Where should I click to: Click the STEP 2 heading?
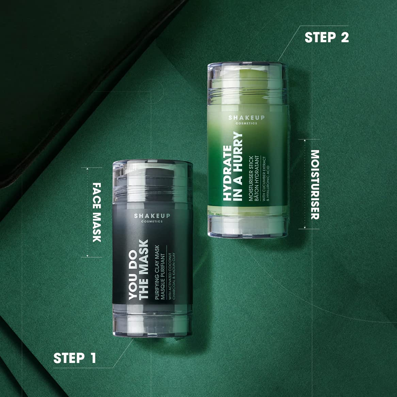(x=327, y=37)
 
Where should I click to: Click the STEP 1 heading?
(x=75, y=358)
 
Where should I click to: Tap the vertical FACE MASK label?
(x=97, y=212)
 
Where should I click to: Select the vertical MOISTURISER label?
(x=315, y=184)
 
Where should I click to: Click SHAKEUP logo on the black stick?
(x=152, y=216)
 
